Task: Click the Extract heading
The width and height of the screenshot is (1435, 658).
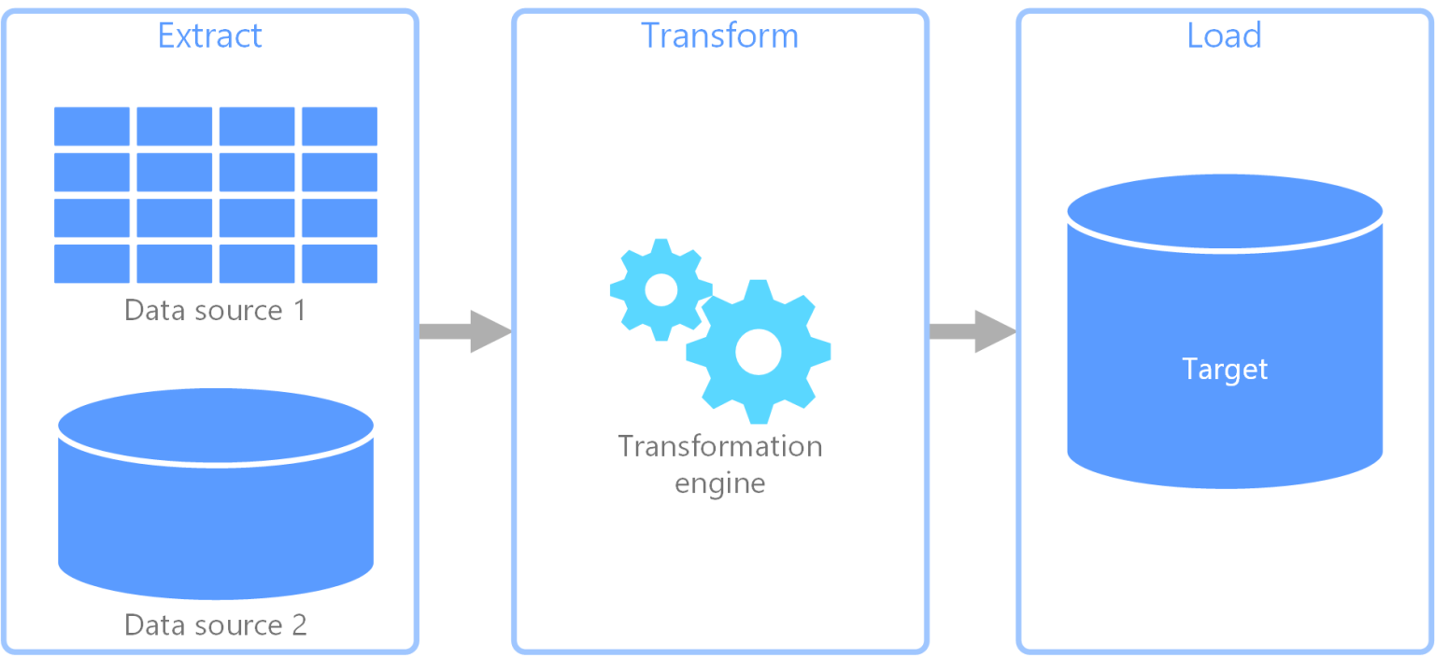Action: tap(210, 35)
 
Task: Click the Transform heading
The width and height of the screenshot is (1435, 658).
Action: tap(719, 35)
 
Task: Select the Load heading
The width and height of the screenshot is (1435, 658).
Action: tap(1224, 35)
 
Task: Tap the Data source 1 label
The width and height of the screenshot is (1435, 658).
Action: tap(215, 310)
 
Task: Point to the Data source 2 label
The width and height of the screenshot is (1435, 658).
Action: tap(215, 624)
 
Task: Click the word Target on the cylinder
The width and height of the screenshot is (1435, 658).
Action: tap(1225, 369)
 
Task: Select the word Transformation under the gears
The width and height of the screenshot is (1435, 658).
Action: tap(719, 446)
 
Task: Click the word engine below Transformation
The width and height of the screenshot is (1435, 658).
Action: tap(719, 483)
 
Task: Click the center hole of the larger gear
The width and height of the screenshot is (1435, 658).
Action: tap(758, 352)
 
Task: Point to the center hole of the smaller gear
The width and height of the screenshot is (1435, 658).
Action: tap(661, 289)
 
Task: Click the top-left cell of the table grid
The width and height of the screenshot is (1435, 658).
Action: tap(92, 126)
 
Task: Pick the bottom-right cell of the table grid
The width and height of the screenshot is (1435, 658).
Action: tap(339, 263)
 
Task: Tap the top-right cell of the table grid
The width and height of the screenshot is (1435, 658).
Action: tap(339, 126)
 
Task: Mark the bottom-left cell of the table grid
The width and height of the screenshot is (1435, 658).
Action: tap(92, 263)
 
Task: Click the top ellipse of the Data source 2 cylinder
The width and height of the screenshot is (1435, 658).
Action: tap(216, 426)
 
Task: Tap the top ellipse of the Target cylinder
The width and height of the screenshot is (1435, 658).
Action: tap(1225, 212)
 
